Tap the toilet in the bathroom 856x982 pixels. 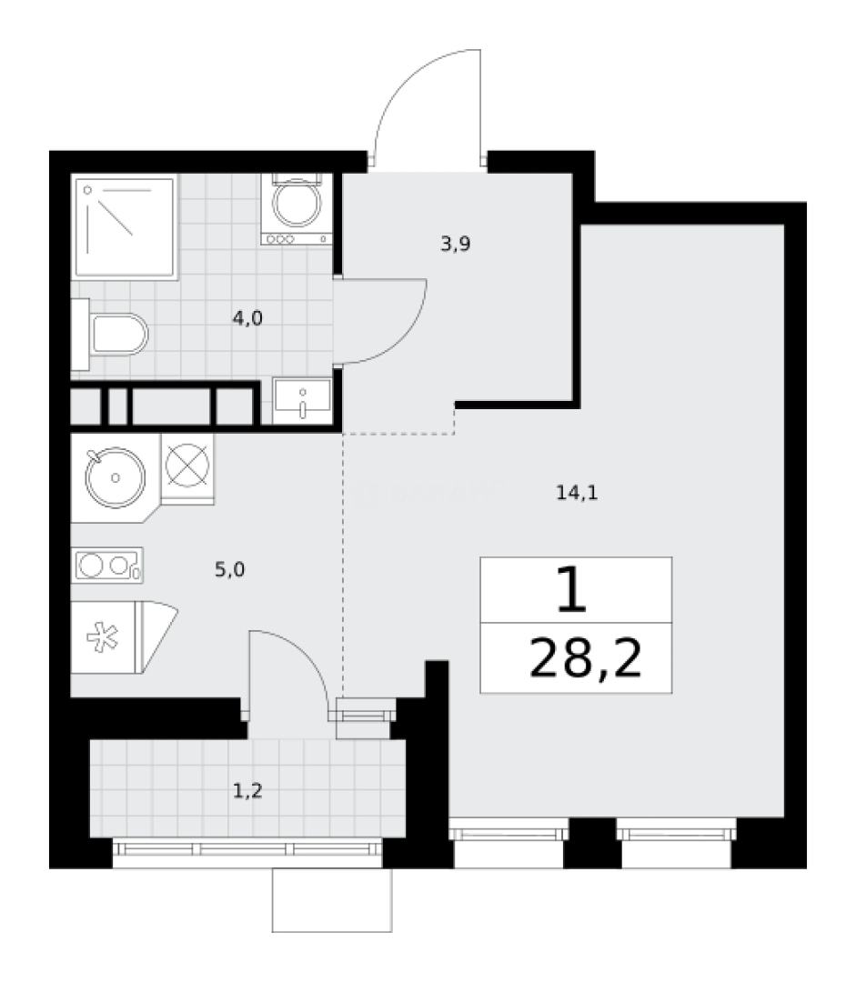[x=119, y=336]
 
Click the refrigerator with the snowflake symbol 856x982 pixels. [x=105, y=636]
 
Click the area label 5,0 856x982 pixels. [x=228, y=570]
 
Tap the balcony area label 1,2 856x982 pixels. [x=247, y=791]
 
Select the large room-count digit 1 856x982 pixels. [x=570, y=592]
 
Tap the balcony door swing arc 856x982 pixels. [x=300, y=655]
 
